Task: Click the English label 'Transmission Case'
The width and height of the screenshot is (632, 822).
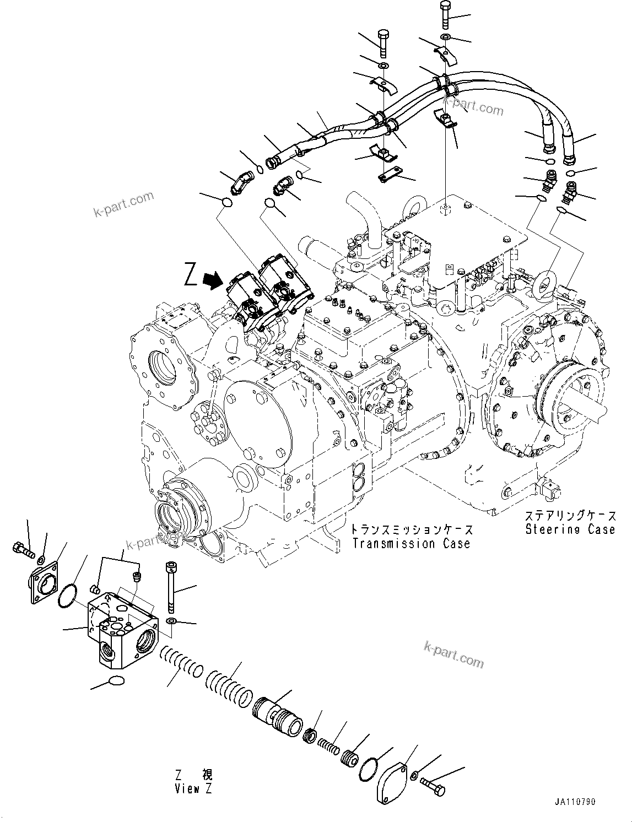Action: [412, 544]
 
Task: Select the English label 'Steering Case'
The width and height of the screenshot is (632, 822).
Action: [570, 529]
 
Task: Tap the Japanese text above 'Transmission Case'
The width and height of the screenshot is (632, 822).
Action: [412, 530]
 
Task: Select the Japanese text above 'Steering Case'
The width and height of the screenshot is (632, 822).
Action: [570, 516]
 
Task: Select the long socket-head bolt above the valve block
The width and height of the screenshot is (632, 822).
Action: [170, 587]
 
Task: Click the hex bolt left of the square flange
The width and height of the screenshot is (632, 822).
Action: [22, 548]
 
